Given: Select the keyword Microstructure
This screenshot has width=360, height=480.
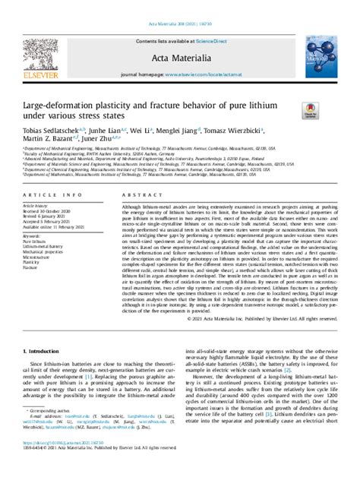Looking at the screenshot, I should (x=39, y=259).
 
